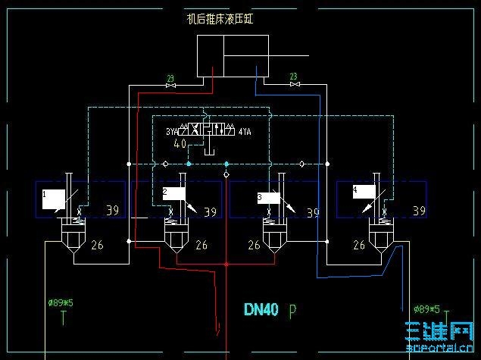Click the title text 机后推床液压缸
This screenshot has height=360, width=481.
(220, 18)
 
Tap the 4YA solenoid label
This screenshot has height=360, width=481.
(244, 132)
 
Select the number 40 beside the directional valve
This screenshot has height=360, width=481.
(180, 143)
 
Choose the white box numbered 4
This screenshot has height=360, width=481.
(364, 192)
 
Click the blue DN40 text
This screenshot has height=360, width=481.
(261, 309)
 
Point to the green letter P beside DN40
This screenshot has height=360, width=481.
(293, 310)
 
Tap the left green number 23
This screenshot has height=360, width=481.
(170, 77)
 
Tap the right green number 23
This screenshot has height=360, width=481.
(293, 76)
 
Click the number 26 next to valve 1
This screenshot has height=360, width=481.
(97, 245)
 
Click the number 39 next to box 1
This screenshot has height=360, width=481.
(112, 210)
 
